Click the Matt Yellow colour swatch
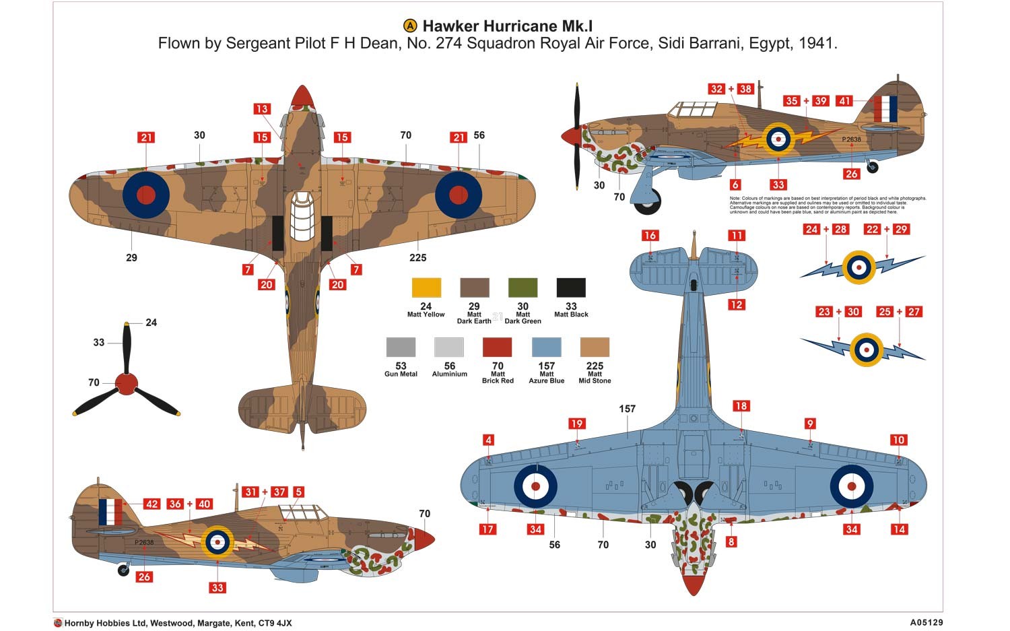pyautogui.click(x=426, y=288)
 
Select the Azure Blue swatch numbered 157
pyautogui.click(x=546, y=347)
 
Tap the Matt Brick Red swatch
pyautogui.click(x=498, y=347)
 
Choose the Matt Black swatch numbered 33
pyautogui.click(x=571, y=288)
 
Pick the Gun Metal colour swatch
pyautogui.click(x=401, y=347)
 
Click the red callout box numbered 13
pyautogui.click(x=261, y=109)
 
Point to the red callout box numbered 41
pyautogui.click(x=844, y=101)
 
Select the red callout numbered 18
pyautogui.click(x=741, y=406)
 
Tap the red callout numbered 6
pyautogui.click(x=735, y=185)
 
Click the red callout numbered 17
pyautogui.click(x=487, y=529)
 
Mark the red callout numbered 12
pyautogui.click(x=737, y=304)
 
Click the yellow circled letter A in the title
pyautogui.click(x=410, y=26)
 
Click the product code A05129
pyautogui.click(x=926, y=623)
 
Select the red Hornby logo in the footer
pyautogui.click(x=58, y=623)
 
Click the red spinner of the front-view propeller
pyautogui.click(x=127, y=384)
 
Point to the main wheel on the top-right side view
pyautogui.click(x=648, y=201)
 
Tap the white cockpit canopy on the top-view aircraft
pyautogui.click(x=302, y=216)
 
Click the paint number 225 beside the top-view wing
pyautogui.click(x=417, y=257)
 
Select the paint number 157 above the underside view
pyautogui.click(x=627, y=409)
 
